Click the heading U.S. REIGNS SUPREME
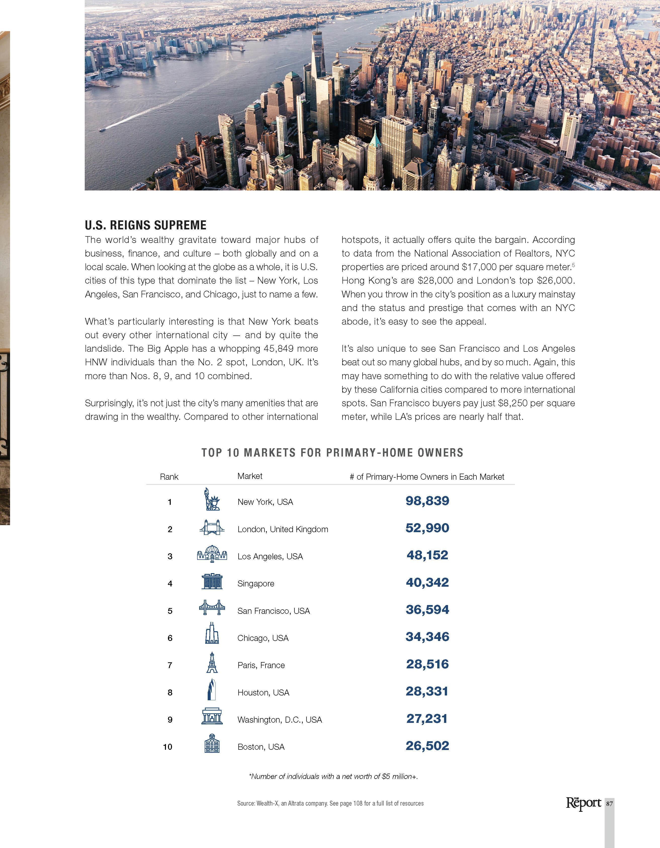(146, 225)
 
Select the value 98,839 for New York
(427, 501)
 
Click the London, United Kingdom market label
(283, 529)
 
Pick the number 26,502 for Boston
(427, 745)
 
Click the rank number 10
(167, 747)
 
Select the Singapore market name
(256, 584)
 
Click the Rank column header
(169, 477)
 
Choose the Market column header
(250, 476)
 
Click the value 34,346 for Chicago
(427, 637)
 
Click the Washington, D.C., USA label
(280, 719)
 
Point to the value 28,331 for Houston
(427, 691)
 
